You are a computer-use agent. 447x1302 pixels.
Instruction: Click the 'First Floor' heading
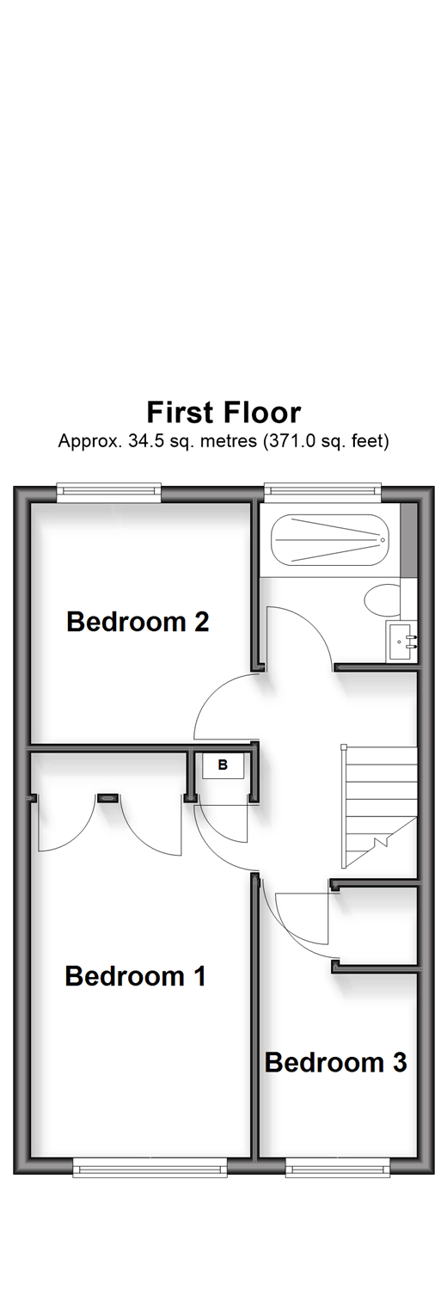pos(223,412)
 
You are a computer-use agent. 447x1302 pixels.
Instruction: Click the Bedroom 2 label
pos(138,622)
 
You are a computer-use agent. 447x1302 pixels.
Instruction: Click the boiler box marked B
pos(223,765)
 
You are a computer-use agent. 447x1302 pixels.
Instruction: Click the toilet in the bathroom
pos(383,600)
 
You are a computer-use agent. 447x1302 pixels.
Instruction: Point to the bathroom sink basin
pos(402,641)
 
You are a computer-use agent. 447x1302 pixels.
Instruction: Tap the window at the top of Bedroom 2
pos(108,492)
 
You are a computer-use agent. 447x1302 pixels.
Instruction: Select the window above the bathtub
pos(322,492)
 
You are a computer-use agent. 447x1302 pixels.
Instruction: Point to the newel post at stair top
pos(344,747)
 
